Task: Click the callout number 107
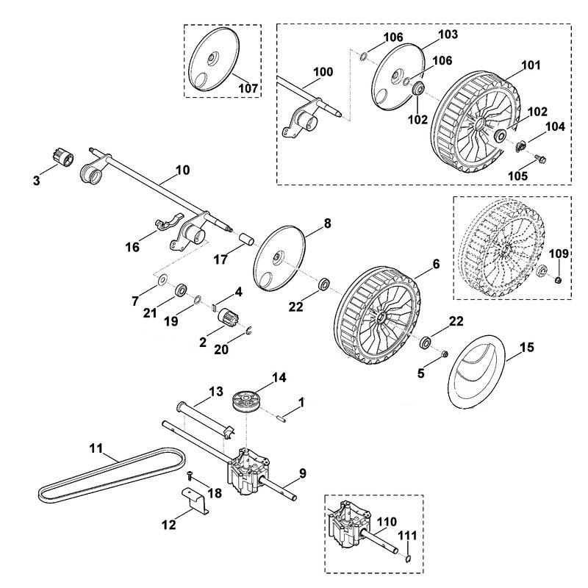point(248,88)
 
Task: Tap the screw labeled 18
point(189,475)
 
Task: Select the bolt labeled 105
point(540,159)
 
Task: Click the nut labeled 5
point(445,354)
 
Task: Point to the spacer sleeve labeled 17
point(247,240)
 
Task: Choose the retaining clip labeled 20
point(249,331)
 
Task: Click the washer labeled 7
point(162,279)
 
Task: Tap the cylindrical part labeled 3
point(63,159)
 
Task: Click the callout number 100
point(323,71)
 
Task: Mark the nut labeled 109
point(558,279)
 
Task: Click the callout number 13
point(216,391)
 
